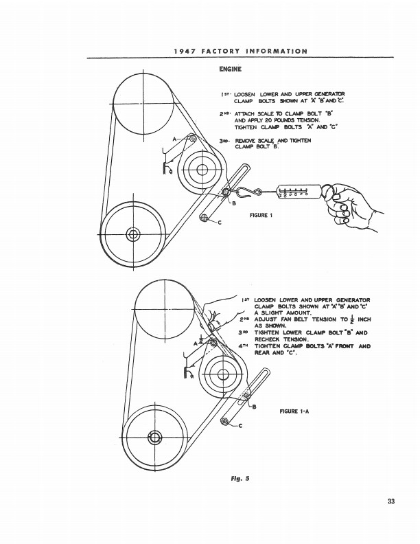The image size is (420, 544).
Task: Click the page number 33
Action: pyautogui.click(x=390, y=501)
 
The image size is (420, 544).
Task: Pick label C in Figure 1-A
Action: pyautogui.click(x=240, y=427)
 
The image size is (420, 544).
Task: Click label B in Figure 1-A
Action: pyautogui.click(x=254, y=408)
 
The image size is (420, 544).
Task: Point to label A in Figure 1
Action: pyautogui.click(x=174, y=139)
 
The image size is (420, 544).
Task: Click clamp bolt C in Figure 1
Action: pyautogui.click(x=204, y=218)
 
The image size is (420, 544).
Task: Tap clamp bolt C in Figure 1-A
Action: pyautogui.click(x=224, y=421)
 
